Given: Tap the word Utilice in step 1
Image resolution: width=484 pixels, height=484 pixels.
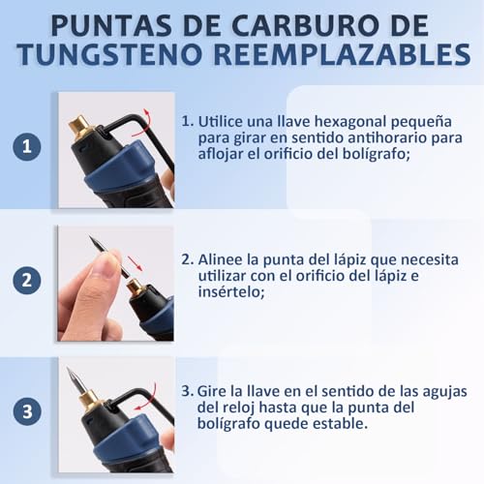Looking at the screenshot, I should pos(225,123).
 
